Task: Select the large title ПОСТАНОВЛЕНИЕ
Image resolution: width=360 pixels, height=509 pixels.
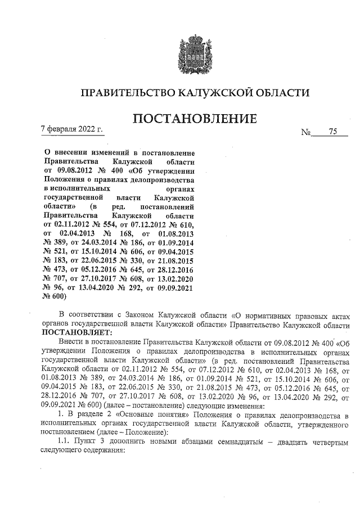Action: [194, 119]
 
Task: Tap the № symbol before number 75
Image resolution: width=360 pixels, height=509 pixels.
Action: [307, 133]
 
